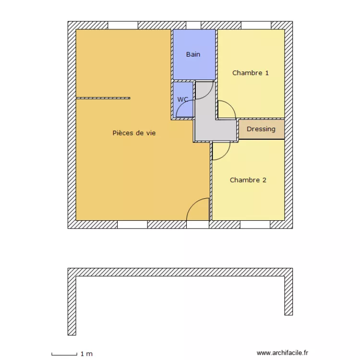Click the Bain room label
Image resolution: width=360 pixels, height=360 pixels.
click(193, 54)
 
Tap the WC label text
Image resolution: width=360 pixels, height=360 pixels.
click(182, 99)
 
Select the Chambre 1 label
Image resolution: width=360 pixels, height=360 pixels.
click(250, 73)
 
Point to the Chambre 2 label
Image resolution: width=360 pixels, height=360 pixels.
click(248, 180)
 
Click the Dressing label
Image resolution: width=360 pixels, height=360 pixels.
click(261, 129)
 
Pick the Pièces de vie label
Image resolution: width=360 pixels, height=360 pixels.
click(134, 133)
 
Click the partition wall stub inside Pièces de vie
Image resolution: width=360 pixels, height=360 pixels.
click(103, 98)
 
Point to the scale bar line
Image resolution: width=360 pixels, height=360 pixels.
click(64, 355)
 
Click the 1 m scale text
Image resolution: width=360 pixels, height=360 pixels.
click(86, 354)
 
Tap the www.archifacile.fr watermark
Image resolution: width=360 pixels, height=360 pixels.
click(283, 352)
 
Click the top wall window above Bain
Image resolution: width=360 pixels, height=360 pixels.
click(193, 25)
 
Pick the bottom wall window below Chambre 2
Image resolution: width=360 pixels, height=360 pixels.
click(255, 225)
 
